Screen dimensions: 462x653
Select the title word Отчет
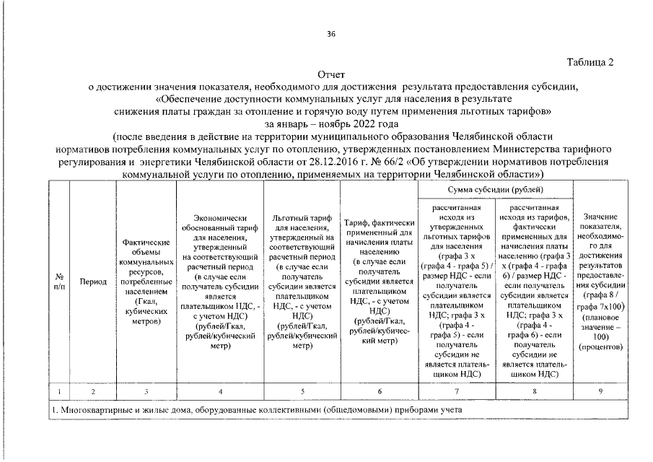(x=331, y=74)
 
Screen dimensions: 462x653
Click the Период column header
(x=93, y=282)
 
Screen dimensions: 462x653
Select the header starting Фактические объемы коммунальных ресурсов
(x=146, y=282)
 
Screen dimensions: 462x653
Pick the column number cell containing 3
(x=146, y=391)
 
